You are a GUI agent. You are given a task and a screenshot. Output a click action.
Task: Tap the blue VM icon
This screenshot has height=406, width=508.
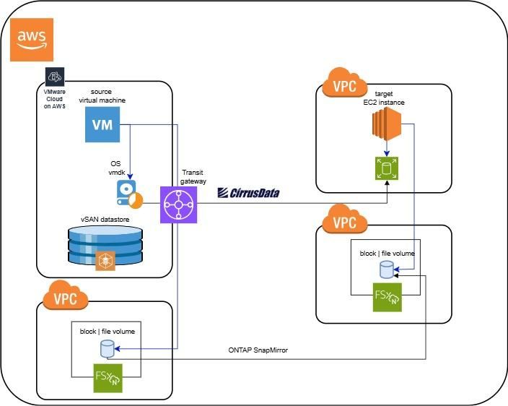(x=103, y=126)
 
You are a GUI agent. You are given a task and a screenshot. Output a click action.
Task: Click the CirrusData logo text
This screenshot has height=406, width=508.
(x=248, y=193)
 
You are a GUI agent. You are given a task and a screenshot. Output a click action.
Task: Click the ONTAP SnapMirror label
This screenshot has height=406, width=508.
(x=258, y=350)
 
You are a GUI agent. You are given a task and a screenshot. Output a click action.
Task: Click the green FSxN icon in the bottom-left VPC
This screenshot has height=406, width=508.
(x=107, y=379)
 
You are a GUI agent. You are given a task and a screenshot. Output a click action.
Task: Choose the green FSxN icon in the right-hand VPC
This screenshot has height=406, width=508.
(x=387, y=298)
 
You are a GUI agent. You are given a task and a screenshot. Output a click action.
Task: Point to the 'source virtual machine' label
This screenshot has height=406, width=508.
(x=103, y=97)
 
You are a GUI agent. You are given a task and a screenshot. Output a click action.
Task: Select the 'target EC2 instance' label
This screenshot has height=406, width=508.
(x=389, y=98)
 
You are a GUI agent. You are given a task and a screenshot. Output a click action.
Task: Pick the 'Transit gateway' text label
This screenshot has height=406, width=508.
(x=194, y=177)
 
